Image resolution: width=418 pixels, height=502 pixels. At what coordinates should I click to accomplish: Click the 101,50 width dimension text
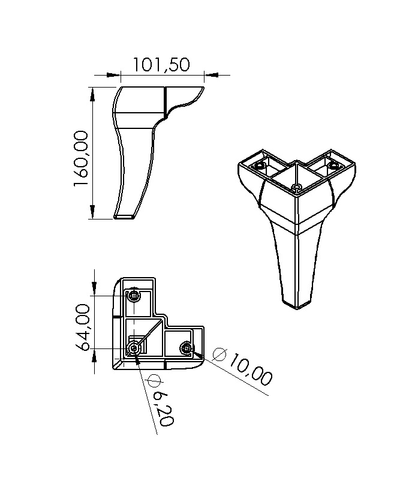[x=161, y=65]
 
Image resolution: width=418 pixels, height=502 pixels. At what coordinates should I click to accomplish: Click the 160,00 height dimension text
[x=80, y=159]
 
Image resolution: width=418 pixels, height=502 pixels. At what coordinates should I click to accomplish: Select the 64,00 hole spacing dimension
[x=83, y=327]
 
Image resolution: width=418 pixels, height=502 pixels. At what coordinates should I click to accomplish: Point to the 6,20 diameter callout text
[x=163, y=408]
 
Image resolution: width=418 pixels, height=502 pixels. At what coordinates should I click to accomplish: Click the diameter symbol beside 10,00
[x=220, y=354]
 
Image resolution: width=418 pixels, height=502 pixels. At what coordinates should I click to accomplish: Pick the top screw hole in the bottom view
[x=134, y=296]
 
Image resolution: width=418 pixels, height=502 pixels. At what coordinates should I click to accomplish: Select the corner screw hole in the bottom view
[x=134, y=348]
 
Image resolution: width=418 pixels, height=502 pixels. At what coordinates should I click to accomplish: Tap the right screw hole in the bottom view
[x=187, y=348]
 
